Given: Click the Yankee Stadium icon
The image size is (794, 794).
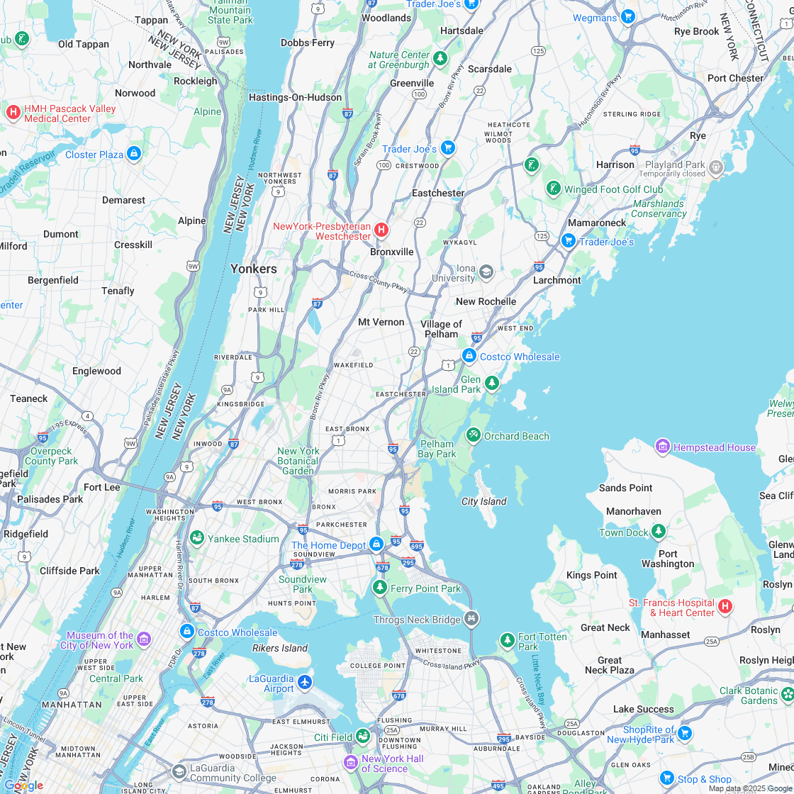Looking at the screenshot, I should pyautogui.click(x=197, y=538).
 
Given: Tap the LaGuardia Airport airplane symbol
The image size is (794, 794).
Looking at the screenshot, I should pyautogui.click(x=305, y=682).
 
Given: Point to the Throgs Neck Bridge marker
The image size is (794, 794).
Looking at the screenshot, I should pyautogui.click(x=471, y=619).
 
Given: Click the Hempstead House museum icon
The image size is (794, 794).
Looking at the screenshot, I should pyautogui.click(x=663, y=447).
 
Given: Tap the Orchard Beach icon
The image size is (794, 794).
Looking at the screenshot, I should pyautogui.click(x=473, y=435).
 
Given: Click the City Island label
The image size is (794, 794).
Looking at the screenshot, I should pyautogui.click(x=484, y=501).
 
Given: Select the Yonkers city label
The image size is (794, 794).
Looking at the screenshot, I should pyautogui.click(x=253, y=269).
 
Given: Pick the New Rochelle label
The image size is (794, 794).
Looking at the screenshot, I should pyautogui.click(x=486, y=301).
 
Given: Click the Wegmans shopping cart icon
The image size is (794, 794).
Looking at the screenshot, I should pyautogui.click(x=627, y=16).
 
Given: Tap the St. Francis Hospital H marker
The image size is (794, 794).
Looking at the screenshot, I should pyautogui.click(x=725, y=606).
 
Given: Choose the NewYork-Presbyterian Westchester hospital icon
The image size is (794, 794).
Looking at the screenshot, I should pyautogui.click(x=381, y=230).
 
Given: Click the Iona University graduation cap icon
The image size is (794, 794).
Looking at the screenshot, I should pyautogui.click(x=486, y=272).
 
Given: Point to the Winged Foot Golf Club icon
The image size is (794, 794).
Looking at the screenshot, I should pyautogui.click(x=554, y=189).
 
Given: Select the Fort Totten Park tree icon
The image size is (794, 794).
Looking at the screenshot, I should pyautogui.click(x=507, y=641).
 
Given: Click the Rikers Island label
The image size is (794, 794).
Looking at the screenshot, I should pyautogui.click(x=280, y=648).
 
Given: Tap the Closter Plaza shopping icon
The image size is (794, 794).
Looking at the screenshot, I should pyautogui.click(x=134, y=154).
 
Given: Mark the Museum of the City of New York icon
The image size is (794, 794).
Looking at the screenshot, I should pyautogui.click(x=144, y=639).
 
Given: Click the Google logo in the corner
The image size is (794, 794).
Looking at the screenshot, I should pyautogui.click(x=23, y=785).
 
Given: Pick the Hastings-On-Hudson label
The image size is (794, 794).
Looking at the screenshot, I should pyautogui.click(x=295, y=97).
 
